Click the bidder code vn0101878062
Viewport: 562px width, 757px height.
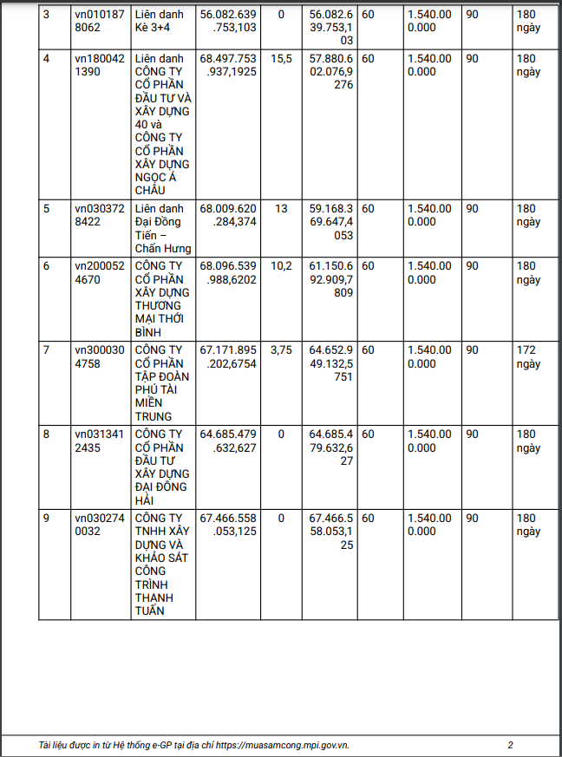pos(99,21)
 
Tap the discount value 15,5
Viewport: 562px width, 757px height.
pos(281,58)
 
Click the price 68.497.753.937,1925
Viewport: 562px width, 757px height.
pos(228,65)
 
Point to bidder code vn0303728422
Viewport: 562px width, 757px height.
pos(99,215)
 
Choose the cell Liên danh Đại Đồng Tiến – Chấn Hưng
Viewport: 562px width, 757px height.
pos(162,222)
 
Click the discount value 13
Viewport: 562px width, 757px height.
pos(281,209)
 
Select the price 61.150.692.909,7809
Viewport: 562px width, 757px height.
pos(331,279)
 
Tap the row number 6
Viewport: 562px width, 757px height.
pos(47,266)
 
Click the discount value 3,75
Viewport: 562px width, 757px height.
pos(281,350)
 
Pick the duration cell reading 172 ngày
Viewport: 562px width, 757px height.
pos(528,357)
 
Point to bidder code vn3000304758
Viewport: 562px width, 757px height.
pos(99,357)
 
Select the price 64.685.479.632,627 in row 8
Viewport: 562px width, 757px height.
pos(228,441)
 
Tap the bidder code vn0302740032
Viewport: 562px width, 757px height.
pos(99,525)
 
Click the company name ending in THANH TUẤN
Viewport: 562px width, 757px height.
pos(162,564)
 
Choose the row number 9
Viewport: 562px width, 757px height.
pos(47,519)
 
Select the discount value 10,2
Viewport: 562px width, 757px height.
pos(281,266)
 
